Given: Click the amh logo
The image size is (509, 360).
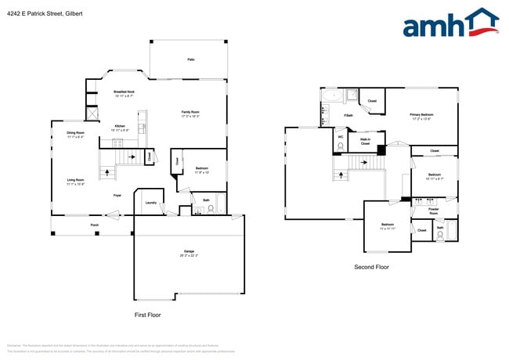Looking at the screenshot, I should tap(449, 23).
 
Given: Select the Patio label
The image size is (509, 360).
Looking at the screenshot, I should tap(191, 59).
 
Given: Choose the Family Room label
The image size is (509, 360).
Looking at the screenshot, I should tap(190, 113).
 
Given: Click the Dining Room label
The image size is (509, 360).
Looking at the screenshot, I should tap(75, 135).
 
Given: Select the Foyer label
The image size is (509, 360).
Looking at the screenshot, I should tap(117, 195).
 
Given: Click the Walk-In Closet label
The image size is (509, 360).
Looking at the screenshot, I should tap(365, 141).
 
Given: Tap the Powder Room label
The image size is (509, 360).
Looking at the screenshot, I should tap(433, 211).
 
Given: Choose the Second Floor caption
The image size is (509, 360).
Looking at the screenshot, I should tap(371, 267).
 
